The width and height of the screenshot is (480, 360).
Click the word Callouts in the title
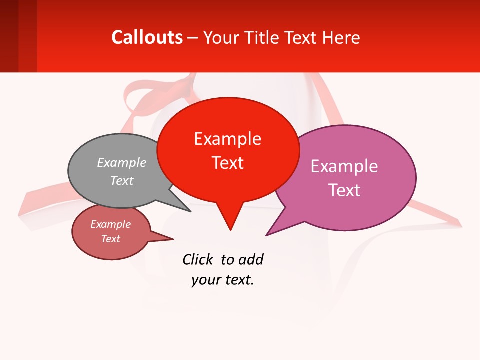coord(147,37)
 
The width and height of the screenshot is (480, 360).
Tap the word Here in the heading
coord(341,37)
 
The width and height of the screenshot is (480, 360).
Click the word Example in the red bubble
coord(227,139)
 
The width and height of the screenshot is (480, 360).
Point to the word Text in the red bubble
coord(227,163)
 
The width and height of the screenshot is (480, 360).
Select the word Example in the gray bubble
coord(122,162)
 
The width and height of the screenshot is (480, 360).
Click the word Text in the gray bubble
coord(122,180)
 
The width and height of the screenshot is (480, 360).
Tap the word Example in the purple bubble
coord(344,166)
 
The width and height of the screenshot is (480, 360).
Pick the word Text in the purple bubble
coord(344,190)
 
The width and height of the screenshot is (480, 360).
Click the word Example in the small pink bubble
coord(111,224)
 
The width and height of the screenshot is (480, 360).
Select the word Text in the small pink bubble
coord(111,239)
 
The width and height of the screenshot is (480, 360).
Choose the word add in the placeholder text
coord(251,260)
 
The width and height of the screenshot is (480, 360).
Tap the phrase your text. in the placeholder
coord(223,280)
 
